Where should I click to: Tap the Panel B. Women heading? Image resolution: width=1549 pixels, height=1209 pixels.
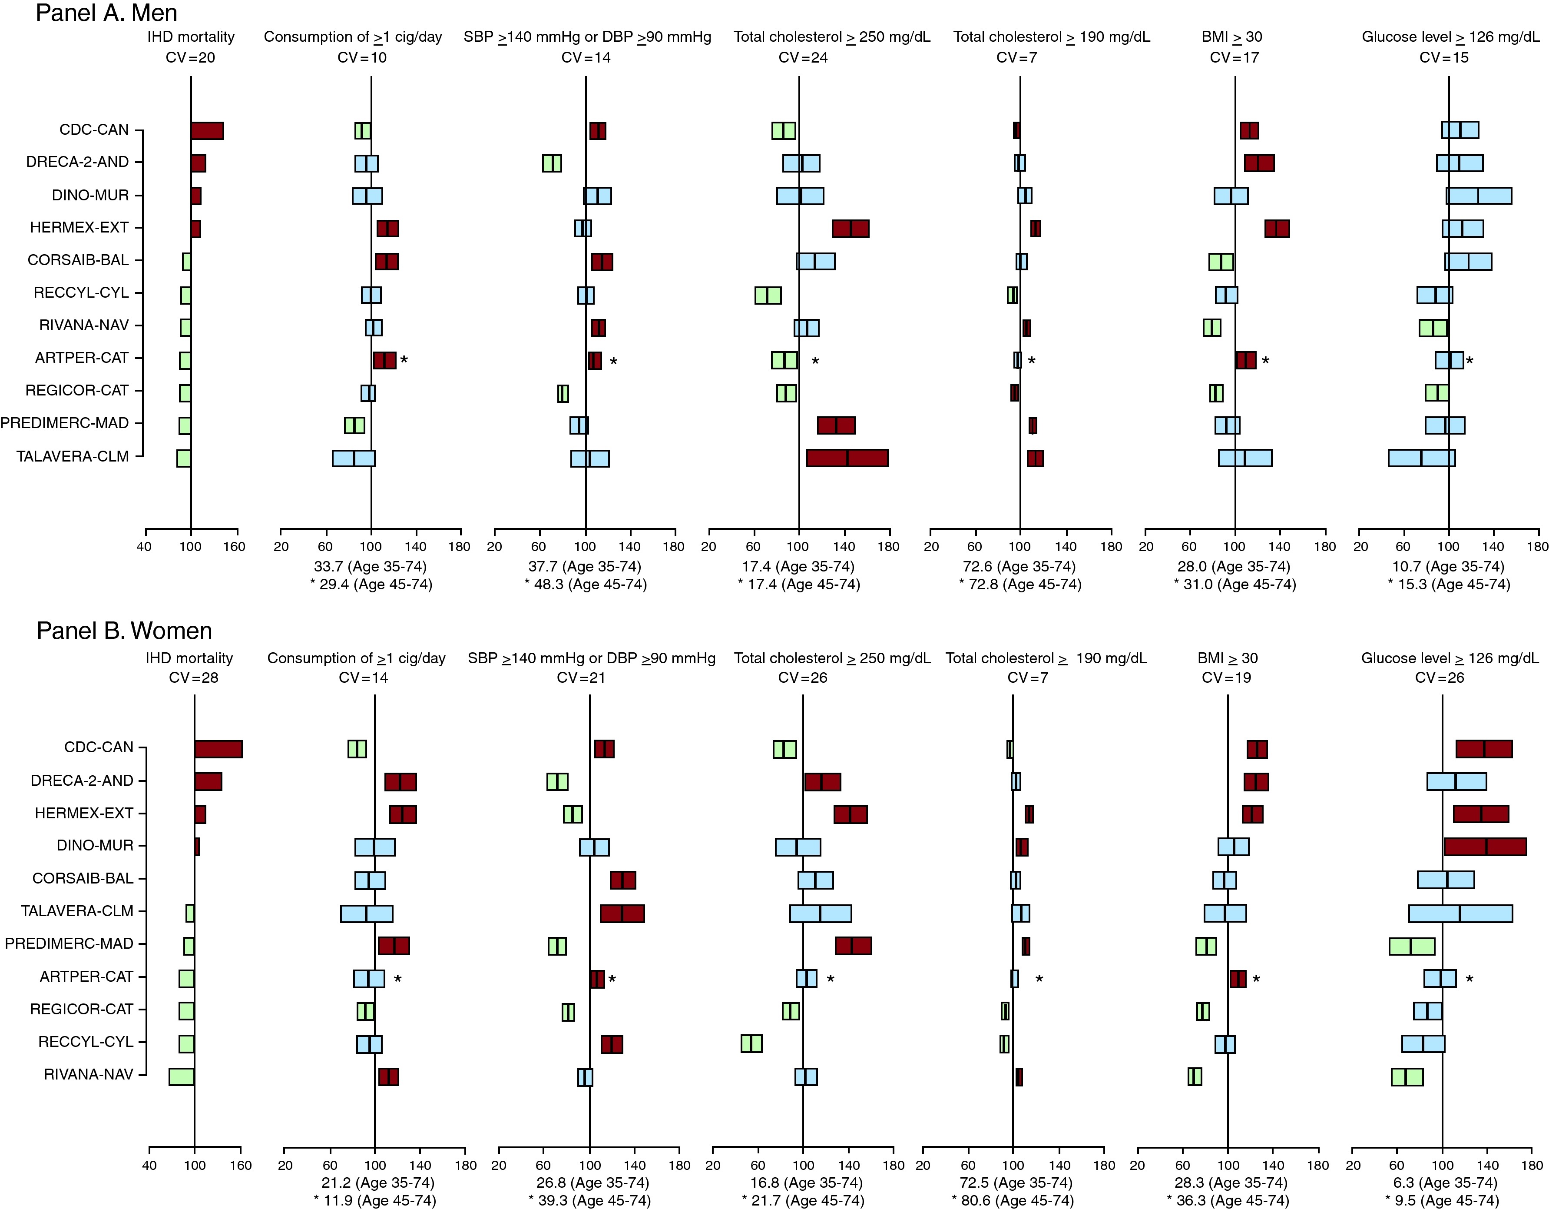coord(124,631)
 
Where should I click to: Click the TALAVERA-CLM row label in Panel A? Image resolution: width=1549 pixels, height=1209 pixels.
coord(73,456)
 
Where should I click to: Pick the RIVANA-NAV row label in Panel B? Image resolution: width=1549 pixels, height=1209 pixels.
coord(89,1074)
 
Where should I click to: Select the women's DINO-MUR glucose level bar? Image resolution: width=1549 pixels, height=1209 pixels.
coord(1485,847)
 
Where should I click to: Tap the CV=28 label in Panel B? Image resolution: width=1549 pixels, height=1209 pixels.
coord(194,678)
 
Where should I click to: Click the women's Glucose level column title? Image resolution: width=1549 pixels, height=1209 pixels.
coord(1450,658)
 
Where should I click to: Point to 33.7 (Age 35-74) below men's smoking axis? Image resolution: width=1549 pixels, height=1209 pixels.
coord(370,566)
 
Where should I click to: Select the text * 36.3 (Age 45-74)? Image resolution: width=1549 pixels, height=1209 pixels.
coord(1228,1200)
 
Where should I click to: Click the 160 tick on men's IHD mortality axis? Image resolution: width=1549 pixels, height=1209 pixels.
coord(235,546)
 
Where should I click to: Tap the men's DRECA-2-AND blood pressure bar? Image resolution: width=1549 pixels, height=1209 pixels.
coord(552,163)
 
